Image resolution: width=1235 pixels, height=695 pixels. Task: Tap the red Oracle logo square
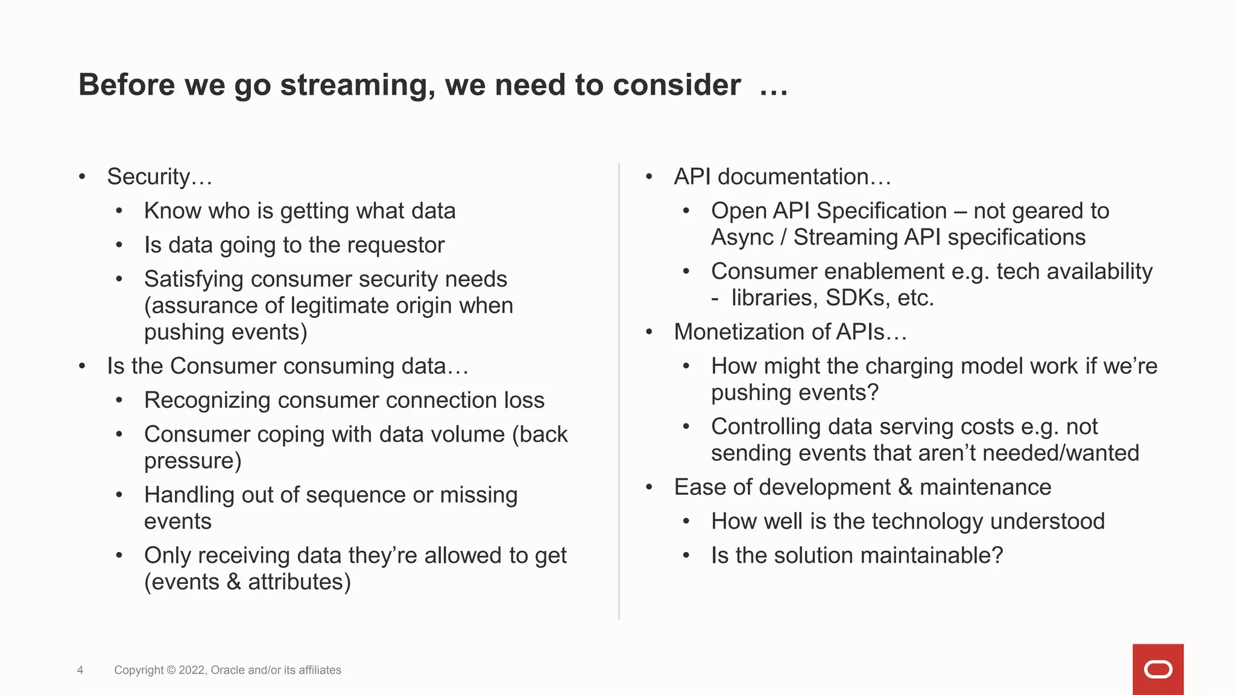(1158, 669)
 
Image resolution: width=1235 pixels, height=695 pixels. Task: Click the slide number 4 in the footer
(80, 670)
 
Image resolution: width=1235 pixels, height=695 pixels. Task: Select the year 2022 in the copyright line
(192, 670)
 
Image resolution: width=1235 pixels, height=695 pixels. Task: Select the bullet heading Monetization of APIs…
(790, 332)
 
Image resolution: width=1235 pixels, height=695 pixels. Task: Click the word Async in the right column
(742, 238)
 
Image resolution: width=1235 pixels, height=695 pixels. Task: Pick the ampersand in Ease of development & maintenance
(905, 487)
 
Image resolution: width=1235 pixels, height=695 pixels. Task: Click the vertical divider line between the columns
(619, 392)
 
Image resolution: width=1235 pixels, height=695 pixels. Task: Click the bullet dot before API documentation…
(649, 177)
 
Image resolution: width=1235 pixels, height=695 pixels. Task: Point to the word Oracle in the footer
(227, 670)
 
